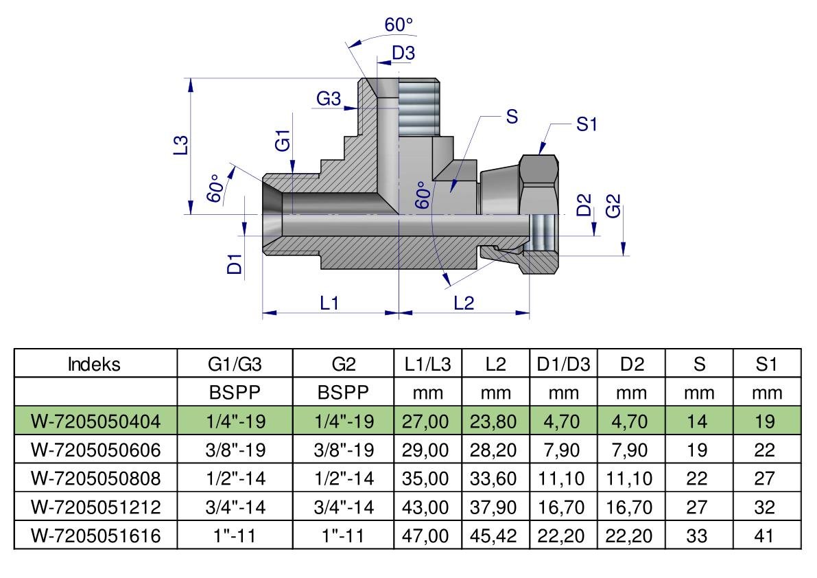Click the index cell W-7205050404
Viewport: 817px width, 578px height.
[x=95, y=421]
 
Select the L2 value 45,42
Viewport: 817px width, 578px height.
[x=493, y=535]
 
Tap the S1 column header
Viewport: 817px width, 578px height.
[x=766, y=364]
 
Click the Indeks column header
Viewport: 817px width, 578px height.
[x=94, y=364]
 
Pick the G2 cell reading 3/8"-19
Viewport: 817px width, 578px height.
[x=344, y=450]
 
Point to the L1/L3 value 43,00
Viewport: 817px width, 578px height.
[x=425, y=507]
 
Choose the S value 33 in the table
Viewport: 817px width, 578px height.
[x=697, y=535]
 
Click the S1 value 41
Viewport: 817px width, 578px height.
[x=764, y=535]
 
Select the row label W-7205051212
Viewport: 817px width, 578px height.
[x=95, y=507]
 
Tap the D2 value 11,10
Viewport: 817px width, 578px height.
[x=629, y=478]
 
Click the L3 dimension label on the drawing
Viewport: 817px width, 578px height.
[x=180, y=145]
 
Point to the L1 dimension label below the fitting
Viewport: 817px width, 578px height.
[x=329, y=303]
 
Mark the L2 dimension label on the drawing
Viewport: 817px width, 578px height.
[x=464, y=303]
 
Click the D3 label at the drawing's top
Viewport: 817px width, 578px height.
[x=403, y=53]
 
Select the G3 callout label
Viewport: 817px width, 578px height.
[x=329, y=98]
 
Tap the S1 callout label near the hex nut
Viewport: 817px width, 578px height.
[x=587, y=124]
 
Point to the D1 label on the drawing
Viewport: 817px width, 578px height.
[x=235, y=264]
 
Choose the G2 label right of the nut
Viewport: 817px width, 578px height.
[x=613, y=205]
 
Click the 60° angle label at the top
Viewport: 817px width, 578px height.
[x=399, y=25]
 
